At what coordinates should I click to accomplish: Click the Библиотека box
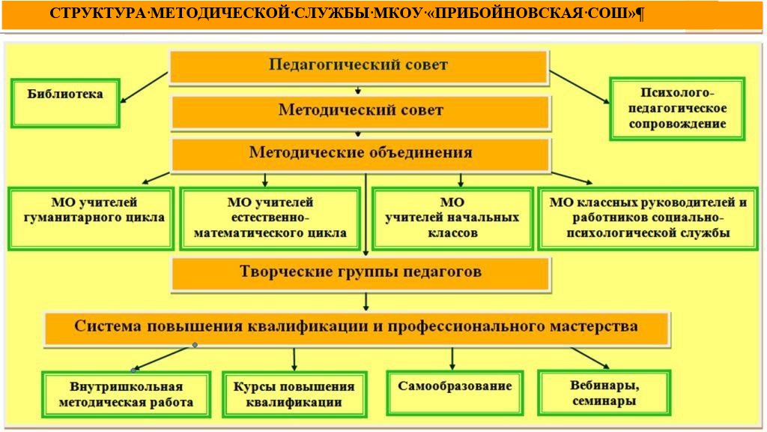click(65, 103)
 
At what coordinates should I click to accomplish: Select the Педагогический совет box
click(359, 67)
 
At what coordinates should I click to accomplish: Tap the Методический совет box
click(361, 112)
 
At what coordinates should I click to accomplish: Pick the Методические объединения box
click(361, 154)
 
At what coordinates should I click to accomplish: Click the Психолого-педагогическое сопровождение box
click(677, 109)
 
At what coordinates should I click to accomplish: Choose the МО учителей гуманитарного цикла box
click(91, 218)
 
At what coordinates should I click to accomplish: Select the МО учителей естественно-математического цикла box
click(270, 218)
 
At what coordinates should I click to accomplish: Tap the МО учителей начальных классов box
click(452, 218)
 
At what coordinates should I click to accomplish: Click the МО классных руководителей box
click(648, 218)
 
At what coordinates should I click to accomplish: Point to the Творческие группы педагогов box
click(361, 274)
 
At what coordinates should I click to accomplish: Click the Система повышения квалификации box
click(357, 329)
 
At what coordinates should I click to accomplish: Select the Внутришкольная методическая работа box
click(126, 394)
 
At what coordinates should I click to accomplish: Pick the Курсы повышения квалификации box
click(294, 394)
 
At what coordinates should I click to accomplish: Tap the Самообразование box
click(455, 393)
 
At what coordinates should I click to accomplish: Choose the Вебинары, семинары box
click(604, 393)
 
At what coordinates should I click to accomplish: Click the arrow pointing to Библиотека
click(144, 88)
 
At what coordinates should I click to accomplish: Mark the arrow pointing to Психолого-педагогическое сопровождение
click(580, 87)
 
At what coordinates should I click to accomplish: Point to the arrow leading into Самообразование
click(452, 359)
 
